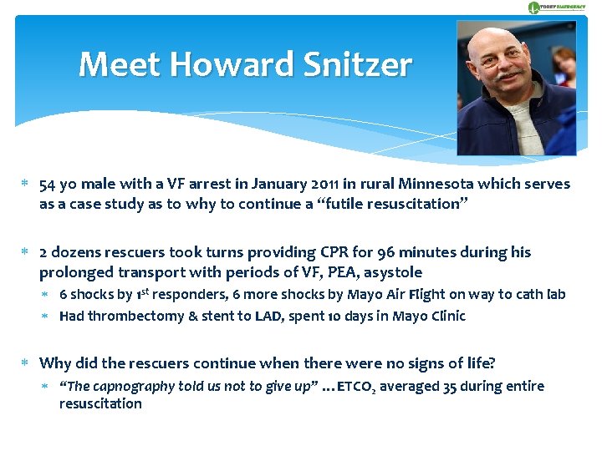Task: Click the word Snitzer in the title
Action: tap(362, 64)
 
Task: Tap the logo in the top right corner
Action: tap(556, 8)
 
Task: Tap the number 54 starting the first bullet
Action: tap(48, 184)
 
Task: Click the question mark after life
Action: tap(492, 363)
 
